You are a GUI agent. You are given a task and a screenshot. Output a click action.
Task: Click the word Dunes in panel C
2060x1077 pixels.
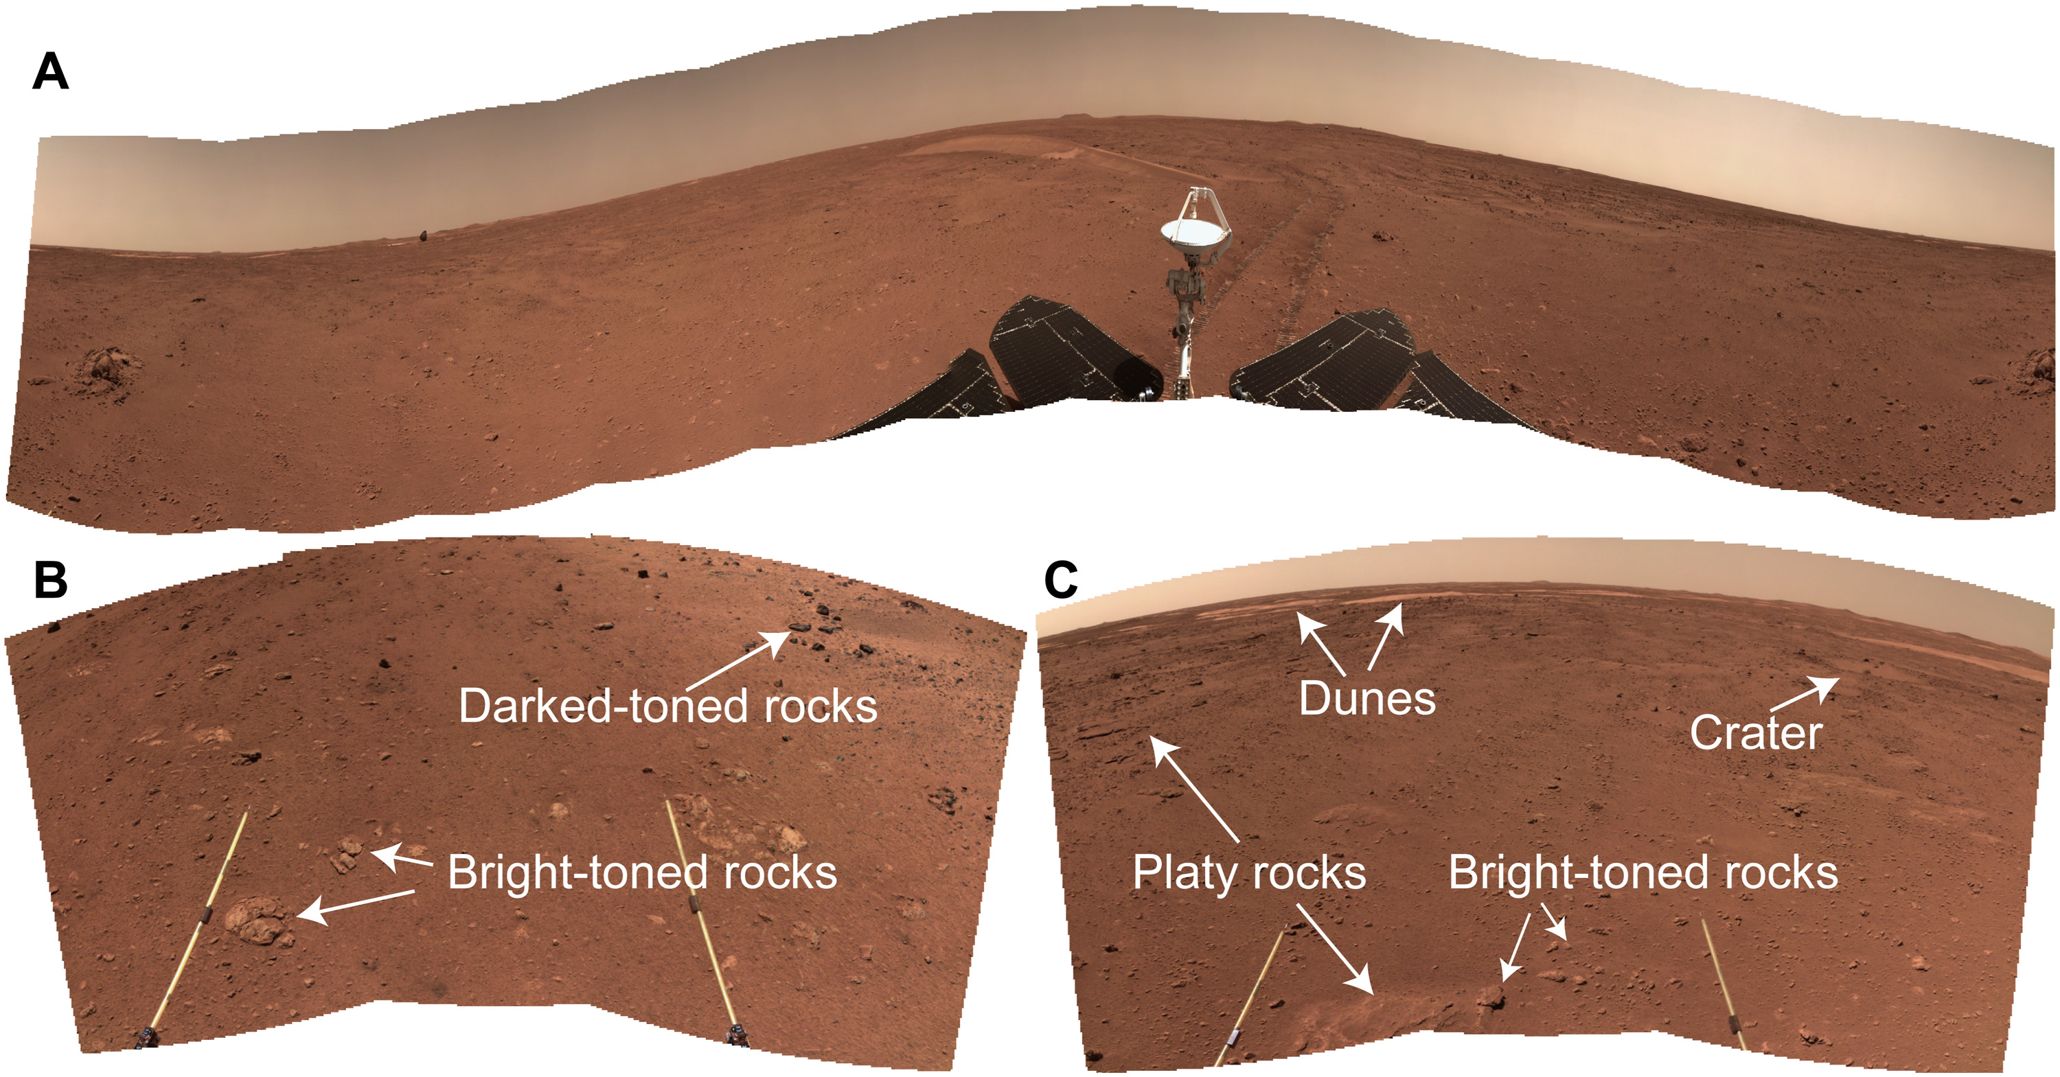pyautogui.click(x=1366, y=699)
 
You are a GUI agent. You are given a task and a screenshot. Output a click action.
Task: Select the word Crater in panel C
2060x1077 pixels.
pyautogui.click(x=1755, y=732)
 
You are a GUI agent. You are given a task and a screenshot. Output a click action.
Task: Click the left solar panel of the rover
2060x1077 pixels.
pyautogui.click(x=1055, y=352)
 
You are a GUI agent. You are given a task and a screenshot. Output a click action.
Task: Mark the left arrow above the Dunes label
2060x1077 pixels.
pyautogui.click(x=1321, y=644)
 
